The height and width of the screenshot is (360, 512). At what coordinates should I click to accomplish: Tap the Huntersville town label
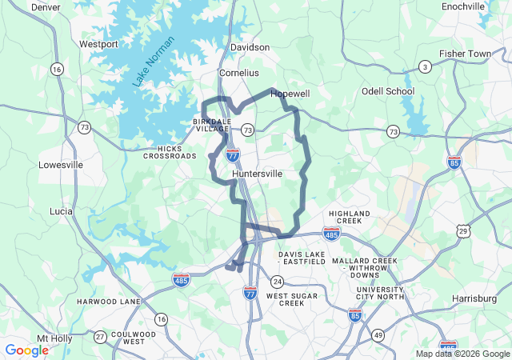pos(257,174)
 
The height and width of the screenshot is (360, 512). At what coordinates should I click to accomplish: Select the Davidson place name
pos(250,47)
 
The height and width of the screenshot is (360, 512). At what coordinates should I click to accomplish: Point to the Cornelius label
pos(238,72)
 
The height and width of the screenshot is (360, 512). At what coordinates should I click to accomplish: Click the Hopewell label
pos(290,94)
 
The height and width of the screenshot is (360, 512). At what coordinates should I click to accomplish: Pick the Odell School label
pos(388,91)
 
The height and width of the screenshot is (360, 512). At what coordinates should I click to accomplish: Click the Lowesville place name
pos(61,165)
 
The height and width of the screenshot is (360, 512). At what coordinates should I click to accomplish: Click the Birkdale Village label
pos(211,125)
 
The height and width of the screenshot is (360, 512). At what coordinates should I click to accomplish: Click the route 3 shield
pos(426,66)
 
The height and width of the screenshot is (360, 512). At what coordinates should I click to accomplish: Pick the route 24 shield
pos(277,282)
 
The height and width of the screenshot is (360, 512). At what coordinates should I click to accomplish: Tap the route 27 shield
pos(99,336)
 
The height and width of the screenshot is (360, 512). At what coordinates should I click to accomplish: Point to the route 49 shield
pos(378,334)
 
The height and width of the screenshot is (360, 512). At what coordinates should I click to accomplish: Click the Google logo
pos(26,350)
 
